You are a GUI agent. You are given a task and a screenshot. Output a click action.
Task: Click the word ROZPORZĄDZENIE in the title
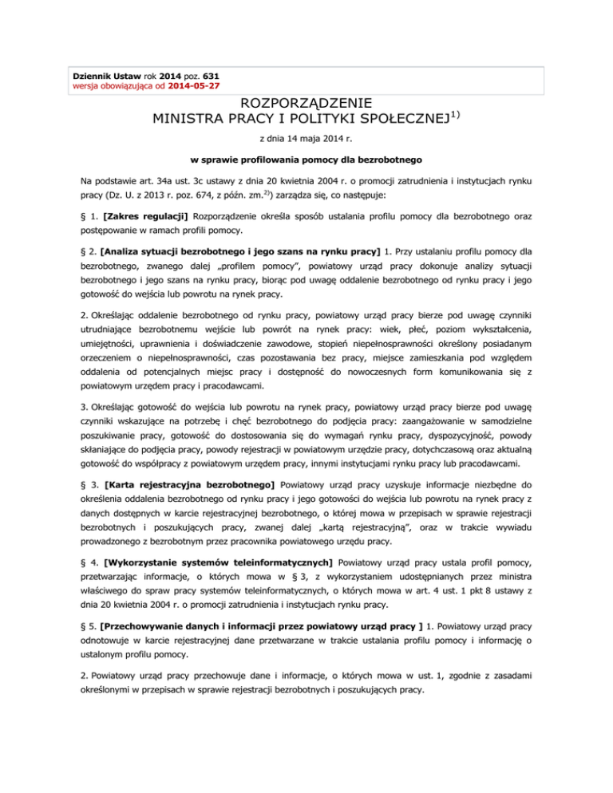(x=306, y=104)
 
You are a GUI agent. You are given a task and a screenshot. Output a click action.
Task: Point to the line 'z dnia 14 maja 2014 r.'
(x=306, y=137)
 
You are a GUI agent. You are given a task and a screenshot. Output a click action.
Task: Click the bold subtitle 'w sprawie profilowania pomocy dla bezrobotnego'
(x=306, y=160)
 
